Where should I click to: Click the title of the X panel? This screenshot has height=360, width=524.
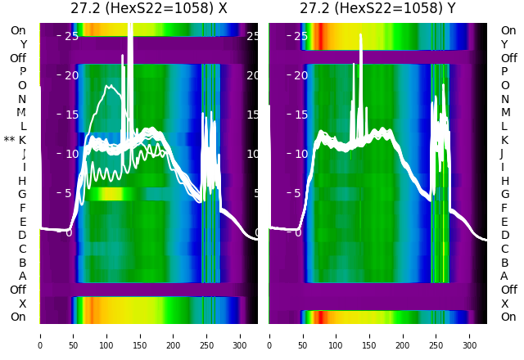click(x=148, y=8)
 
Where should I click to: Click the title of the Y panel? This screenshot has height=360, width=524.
click(x=378, y=8)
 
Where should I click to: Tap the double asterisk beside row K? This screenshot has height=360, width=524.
click(x=9, y=140)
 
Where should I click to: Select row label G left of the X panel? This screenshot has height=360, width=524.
click(x=22, y=194)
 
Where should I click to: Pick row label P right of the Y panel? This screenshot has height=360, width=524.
click(x=504, y=72)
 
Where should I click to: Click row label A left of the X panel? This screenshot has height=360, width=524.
click(x=22, y=276)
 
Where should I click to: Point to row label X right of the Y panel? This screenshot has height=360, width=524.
click(x=504, y=304)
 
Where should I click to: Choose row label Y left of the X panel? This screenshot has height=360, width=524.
click(x=23, y=44)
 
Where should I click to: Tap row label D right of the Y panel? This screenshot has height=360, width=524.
click(x=504, y=235)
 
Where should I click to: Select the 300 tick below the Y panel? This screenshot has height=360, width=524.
click(x=470, y=335)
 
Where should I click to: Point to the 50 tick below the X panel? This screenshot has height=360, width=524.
click(x=73, y=335)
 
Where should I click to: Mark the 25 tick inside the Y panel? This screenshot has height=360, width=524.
click(x=300, y=37)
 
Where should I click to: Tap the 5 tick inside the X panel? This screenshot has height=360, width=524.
click(x=69, y=193)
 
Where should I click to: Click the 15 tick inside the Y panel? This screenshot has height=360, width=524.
click(x=300, y=115)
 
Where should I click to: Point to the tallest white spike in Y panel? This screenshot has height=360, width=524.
click(x=360, y=37)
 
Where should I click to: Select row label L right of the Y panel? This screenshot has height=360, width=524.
click(x=504, y=126)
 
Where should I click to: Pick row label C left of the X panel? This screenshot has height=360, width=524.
click(x=22, y=249)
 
